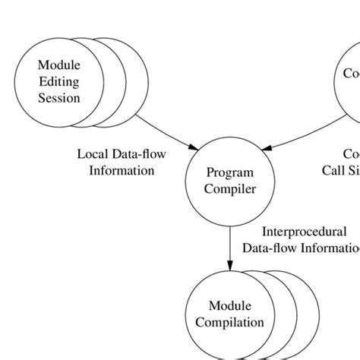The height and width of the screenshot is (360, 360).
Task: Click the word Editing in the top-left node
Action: [x=58, y=82]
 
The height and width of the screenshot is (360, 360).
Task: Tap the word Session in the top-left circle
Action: [x=58, y=98]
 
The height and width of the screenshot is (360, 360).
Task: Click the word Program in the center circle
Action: [x=229, y=173]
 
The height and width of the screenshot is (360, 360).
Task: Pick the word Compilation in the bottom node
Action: [x=229, y=322]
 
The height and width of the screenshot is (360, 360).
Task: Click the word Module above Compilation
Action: [x=229, y=307]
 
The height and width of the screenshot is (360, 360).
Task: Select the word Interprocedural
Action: [x=303, y=232]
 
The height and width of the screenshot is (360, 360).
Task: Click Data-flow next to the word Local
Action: [x=140, y=154]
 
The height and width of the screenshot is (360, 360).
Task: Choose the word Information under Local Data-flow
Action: [x=122, y=170]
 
